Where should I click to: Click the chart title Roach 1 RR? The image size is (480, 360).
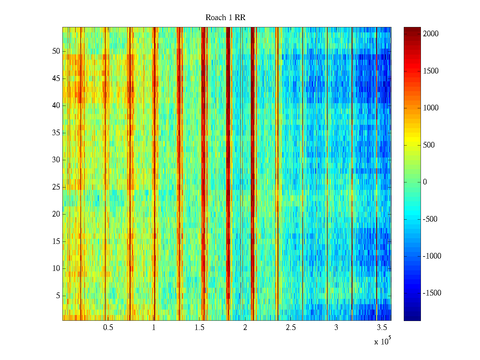click(225, 18)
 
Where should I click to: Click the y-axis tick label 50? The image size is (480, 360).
click(56, 51)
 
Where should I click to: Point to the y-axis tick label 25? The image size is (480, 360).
click(56, 187)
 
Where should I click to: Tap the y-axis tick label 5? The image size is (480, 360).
click(58, 296)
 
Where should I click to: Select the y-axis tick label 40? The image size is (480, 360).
click(56, 106)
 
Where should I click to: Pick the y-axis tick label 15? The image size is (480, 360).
click(56, 241)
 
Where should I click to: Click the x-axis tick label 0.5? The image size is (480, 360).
click(108, 328)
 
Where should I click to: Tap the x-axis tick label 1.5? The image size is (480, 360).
click(199, 328)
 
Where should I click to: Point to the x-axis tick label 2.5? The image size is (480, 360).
click(291, 328)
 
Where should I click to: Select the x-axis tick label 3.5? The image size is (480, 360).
click(382, 328)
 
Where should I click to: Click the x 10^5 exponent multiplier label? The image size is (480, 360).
click(382, 341)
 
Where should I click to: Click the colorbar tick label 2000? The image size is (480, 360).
click(431, 34)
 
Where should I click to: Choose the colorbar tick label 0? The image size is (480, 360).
click(425, 182)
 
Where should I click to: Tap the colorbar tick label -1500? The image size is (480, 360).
click(432, 293)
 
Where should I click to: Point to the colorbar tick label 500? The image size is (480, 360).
click(429, 145)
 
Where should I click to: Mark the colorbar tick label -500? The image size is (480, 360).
click(430, 219)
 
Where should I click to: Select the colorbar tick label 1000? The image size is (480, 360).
click(431, 108)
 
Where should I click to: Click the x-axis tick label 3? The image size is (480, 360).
click(336, 328)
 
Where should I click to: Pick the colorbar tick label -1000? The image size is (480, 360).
click(432, 256)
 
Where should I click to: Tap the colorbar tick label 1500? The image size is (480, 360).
click(431, 71)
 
